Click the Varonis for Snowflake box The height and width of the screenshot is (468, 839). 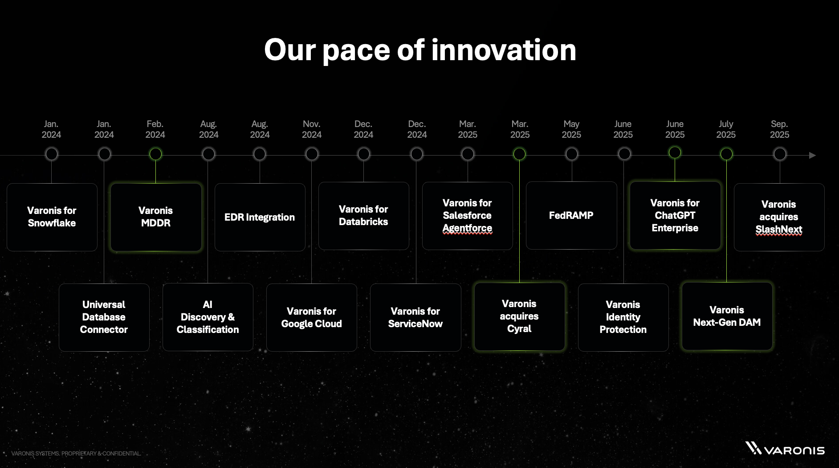click(52, 217)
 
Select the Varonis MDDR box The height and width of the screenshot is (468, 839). click(156, 217)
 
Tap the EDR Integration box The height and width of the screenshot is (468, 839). click(260, 217)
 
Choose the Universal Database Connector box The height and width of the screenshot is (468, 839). click(104, 317)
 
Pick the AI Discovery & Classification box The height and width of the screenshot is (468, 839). click(208, 317)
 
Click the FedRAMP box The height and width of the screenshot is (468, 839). click(571, 215)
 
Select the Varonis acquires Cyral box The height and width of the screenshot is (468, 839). click(519, 316)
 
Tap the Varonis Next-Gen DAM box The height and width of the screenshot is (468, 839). click(727, 316)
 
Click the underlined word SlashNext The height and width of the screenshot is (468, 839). click(778, 230)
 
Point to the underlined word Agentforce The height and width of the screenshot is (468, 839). click(467, 228)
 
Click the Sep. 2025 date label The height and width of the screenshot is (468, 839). click(779, 129)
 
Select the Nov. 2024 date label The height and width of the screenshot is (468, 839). click(311, 129)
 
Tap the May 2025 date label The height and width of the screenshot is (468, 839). click(571, 129)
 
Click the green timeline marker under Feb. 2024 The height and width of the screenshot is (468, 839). click(155, 154)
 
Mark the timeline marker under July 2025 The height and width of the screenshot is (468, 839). click(726, 154)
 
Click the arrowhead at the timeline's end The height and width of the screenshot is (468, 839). click(812, 156)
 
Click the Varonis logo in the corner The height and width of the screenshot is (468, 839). click(785, 448)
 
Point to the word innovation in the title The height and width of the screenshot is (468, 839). click(504, 50)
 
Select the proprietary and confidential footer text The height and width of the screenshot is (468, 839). click(76, 453)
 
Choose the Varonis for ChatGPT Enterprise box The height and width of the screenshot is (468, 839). click(675, 215)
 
